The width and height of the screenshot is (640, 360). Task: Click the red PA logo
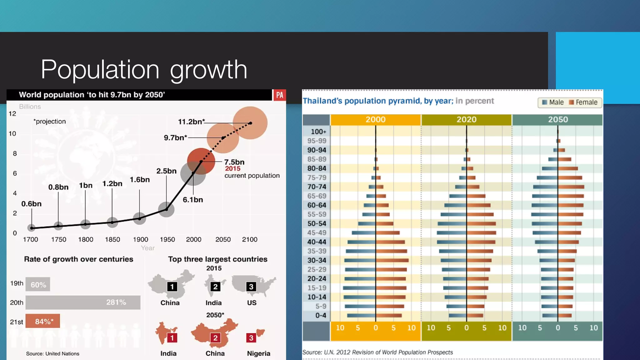[x=279, y=95]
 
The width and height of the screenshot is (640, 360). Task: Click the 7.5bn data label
[x=234, y=162]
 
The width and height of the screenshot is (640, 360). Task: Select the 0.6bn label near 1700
[x=31, y=204]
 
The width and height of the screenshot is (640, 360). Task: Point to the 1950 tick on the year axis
[x=167, y=239]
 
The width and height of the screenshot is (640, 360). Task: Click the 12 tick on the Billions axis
[x=12, y=114]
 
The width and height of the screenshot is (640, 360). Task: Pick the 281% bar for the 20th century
[x=83, y=302]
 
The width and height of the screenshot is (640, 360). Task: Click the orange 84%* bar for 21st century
[x=43, y=321]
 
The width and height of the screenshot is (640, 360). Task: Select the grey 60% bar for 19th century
[x=38, y=284]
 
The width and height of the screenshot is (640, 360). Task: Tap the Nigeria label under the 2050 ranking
[x=258, y=353]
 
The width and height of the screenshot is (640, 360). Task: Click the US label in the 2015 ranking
[x=252, y=303]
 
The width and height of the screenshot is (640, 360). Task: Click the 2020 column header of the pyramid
[x=466, y=119]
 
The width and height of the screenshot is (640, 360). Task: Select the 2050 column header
[x=558, y=119]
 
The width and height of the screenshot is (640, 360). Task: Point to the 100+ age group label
[x=318, y=132]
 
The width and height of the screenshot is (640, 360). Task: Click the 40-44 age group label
[x=317, y=242]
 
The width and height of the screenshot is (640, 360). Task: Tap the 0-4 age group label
[x=320, y=315]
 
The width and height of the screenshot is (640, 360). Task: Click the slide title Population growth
[x=144, y=69]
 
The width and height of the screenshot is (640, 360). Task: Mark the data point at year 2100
[x=250, y=123]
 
